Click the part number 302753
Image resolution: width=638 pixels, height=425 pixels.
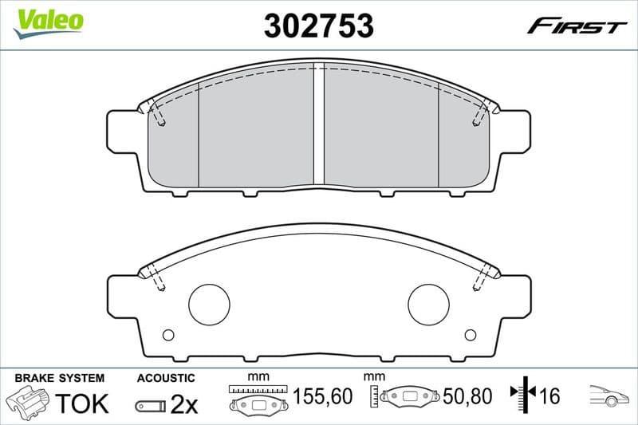(x=318, y=26)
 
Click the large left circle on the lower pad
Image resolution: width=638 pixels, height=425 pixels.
(x=209, y=305)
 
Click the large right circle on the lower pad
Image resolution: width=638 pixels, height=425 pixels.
(x=429, y=305)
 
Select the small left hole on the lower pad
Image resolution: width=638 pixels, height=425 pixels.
(x=167, y=335)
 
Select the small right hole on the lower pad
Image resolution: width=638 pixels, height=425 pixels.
(x=470, y=335)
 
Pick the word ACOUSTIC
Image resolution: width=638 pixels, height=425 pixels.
(x=165, y=377)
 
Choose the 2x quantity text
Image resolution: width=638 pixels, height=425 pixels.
(x=184, y=404)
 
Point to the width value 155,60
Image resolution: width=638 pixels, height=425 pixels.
(x=323, y=395)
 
